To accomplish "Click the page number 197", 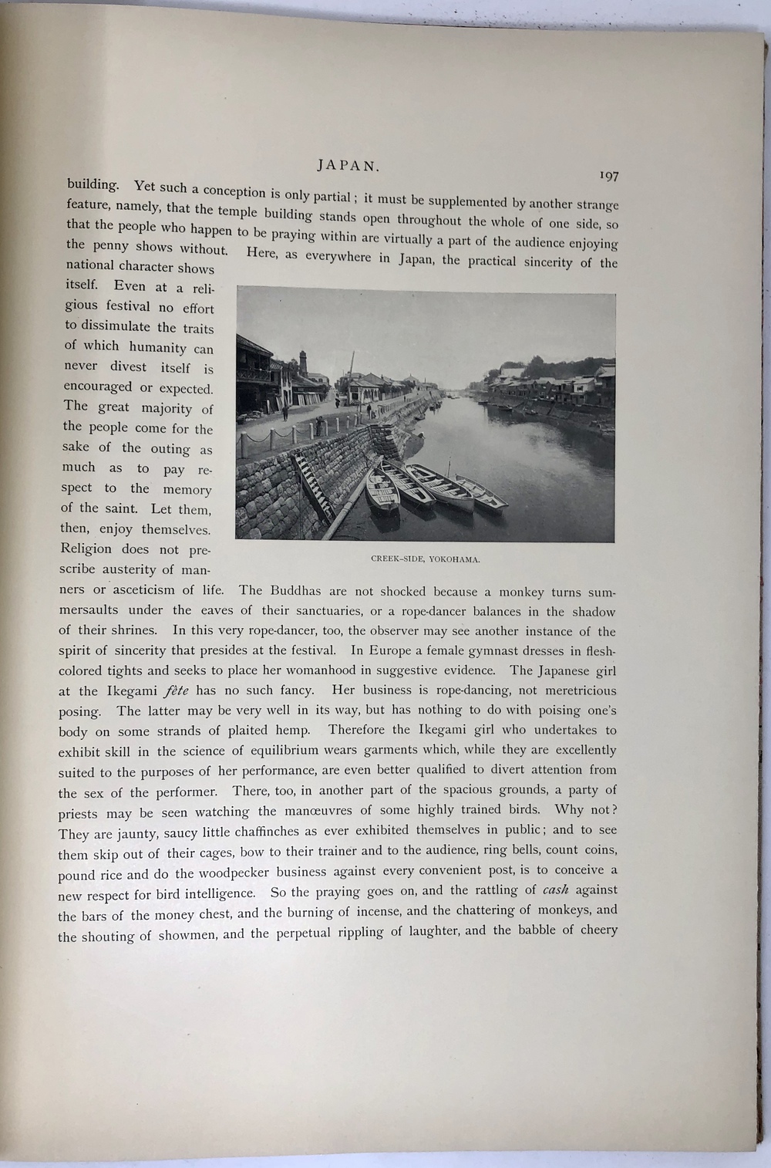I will pos(608,177).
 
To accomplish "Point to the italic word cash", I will pos(555,890).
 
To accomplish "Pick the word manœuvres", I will pos(319,811).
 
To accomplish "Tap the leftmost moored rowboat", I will pos(382,491).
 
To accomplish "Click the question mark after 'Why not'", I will pos(613,811).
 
